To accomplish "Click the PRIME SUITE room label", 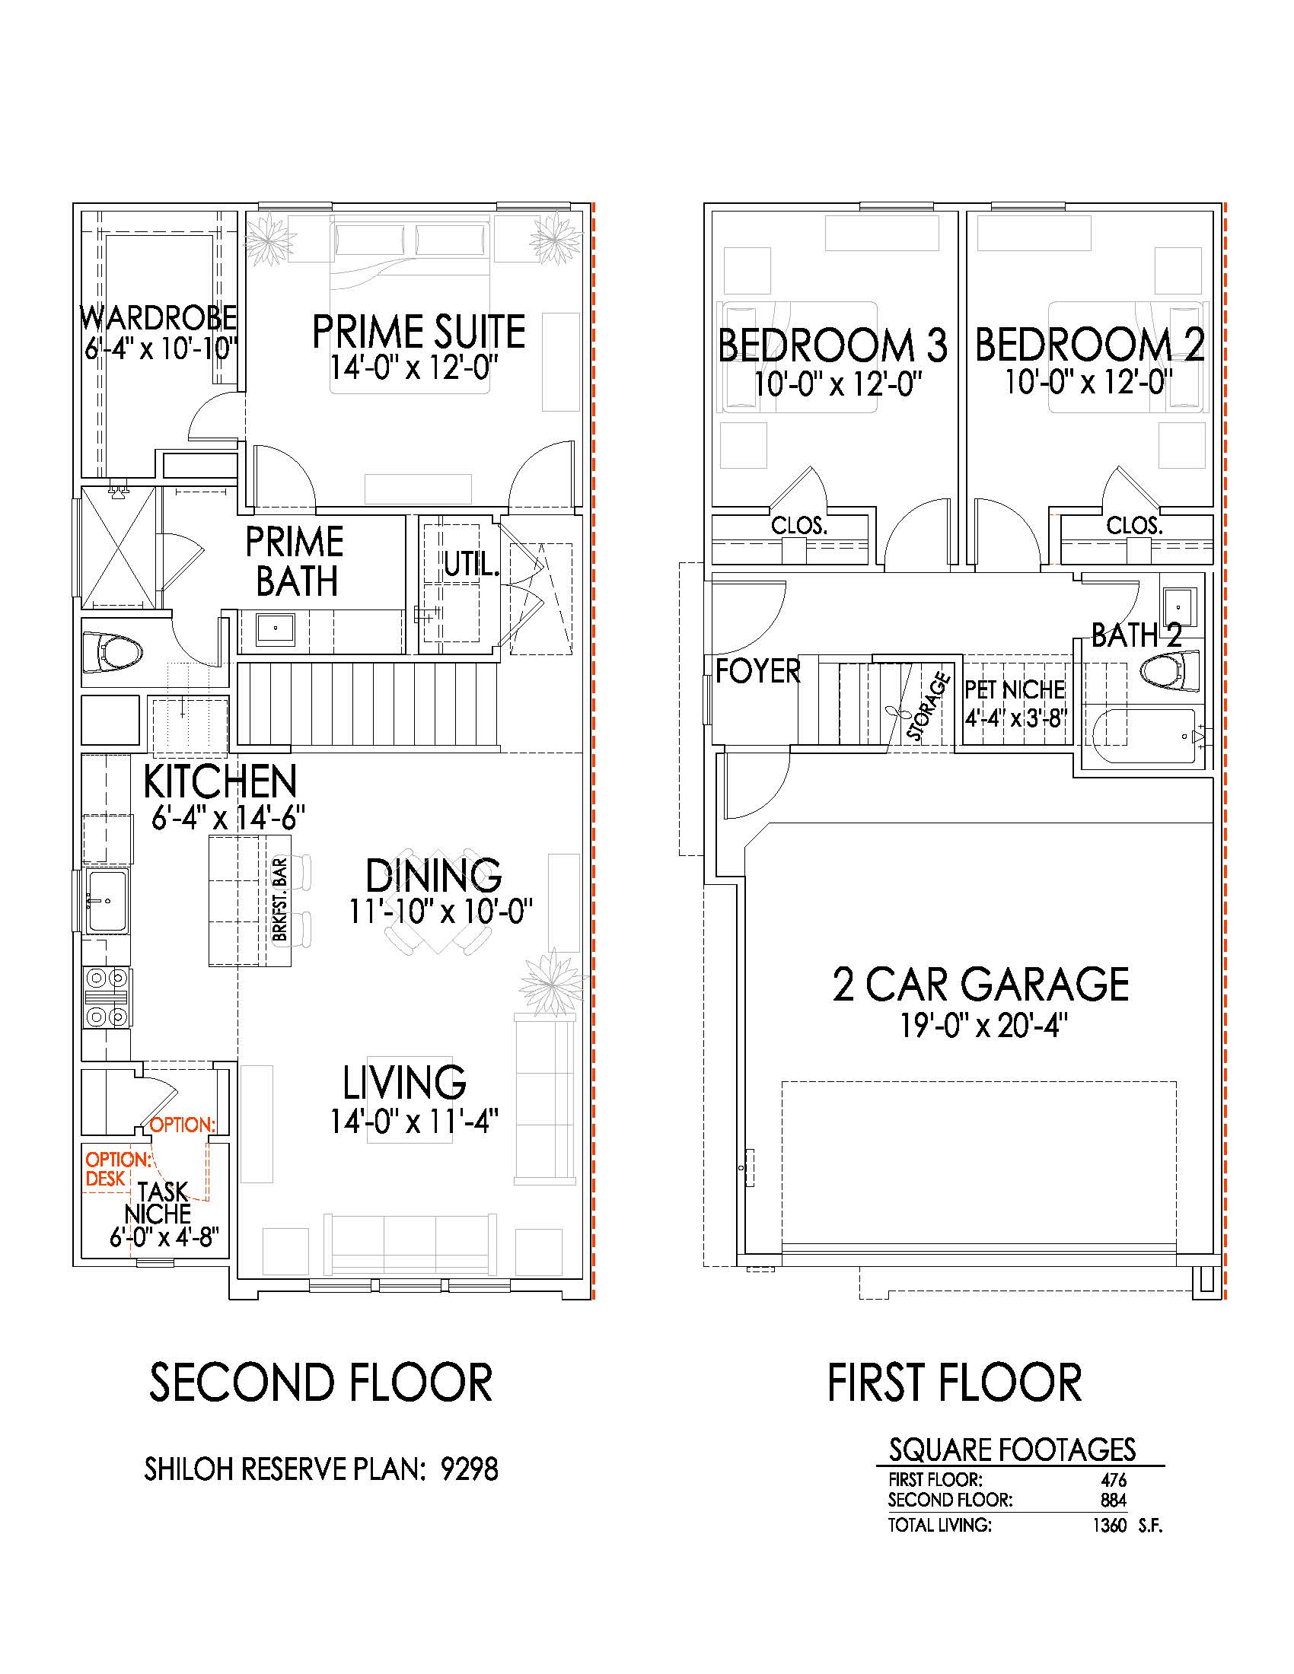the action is [419, 332].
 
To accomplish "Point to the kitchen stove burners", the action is [107, 998].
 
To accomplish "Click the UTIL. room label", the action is [472, 565].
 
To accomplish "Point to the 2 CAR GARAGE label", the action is [980, 984].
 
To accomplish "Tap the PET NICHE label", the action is [1015, 689].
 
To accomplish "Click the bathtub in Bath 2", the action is [1146, 737].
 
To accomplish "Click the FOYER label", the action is [757, 671].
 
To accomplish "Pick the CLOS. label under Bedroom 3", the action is [799, 526].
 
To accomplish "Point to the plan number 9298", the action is [469, 1469].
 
